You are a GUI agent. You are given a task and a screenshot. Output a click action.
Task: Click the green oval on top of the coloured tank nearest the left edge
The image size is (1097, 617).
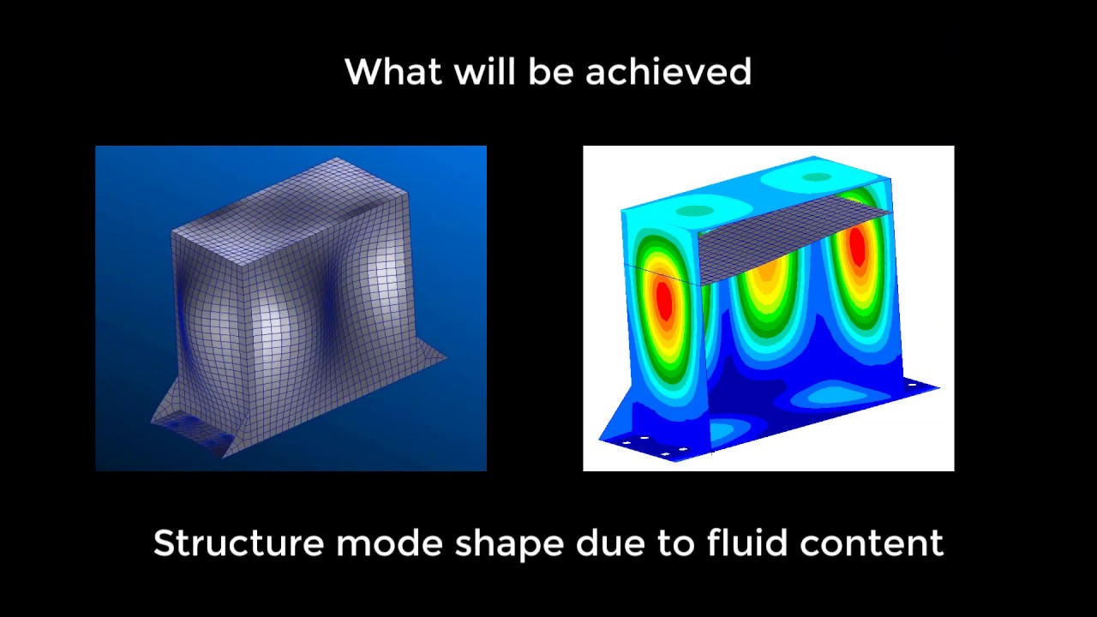coord(695,210)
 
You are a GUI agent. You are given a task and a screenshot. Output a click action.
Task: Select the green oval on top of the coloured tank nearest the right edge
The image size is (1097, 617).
coord(817,177)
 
